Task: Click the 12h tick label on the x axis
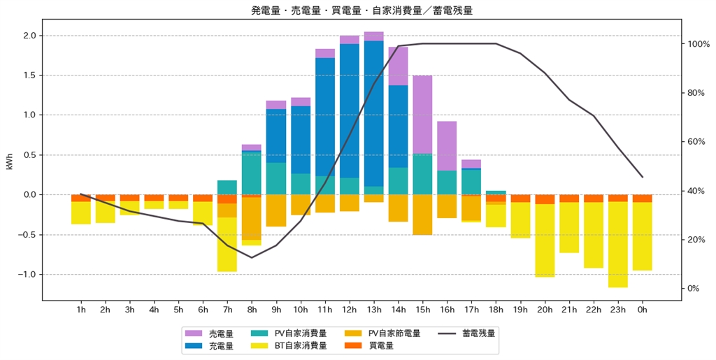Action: tap(349, 309)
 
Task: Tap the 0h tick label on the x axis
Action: tap(642, 309)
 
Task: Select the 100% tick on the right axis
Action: tap(699, 44)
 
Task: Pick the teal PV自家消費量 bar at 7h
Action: tap(227, 187)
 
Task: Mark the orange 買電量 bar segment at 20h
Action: tap(545, 199)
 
